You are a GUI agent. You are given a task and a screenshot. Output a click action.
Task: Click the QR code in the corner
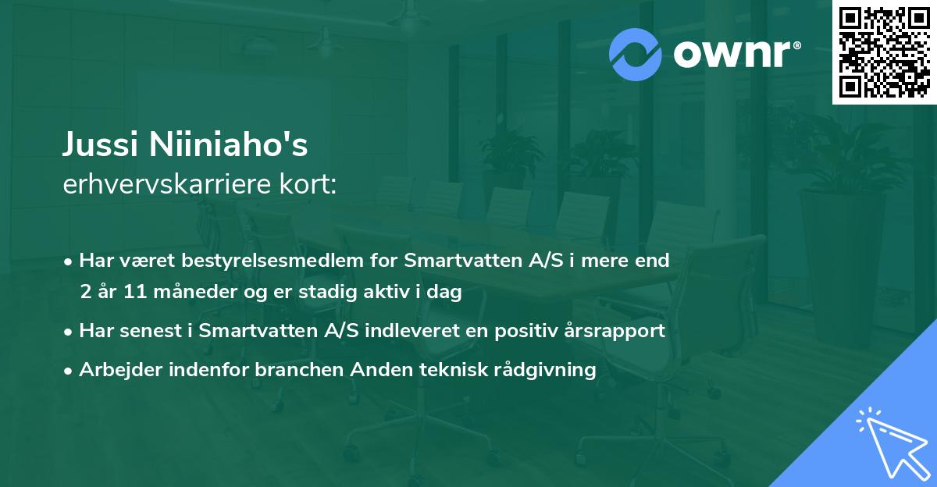(x=884, y=52)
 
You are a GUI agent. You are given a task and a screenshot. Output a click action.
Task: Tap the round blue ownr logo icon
(x=635, y=54)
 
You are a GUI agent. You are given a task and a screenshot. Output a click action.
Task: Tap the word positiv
(x=519, y=331)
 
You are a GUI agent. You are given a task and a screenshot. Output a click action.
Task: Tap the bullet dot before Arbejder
(x=69, y=370)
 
